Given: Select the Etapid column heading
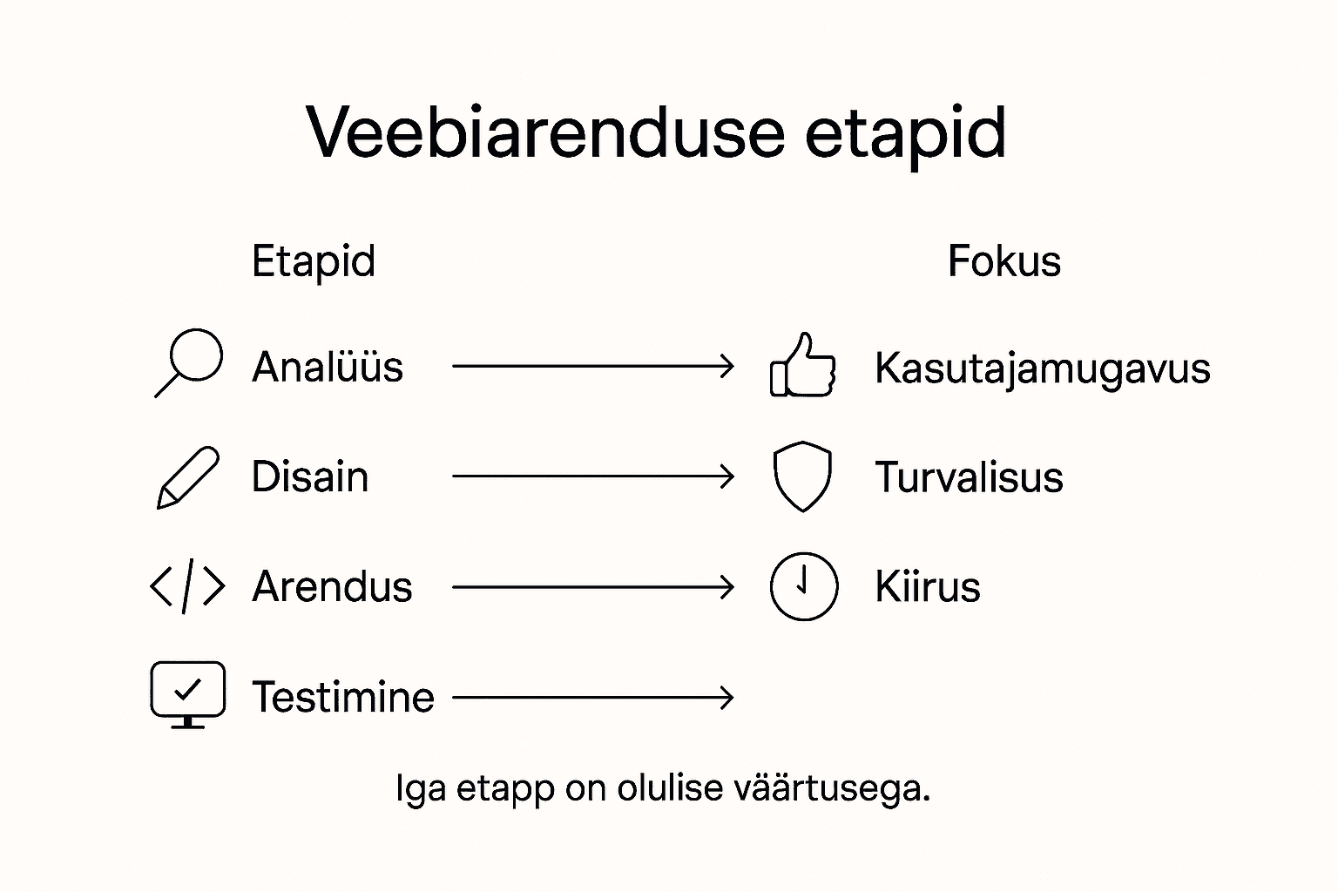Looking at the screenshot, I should click(x=313, y=261).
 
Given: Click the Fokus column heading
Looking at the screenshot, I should click(x=1003, y=261).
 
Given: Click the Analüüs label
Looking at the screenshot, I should click(x=328, y=367).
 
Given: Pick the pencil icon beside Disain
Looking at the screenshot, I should click(x=187, y=477).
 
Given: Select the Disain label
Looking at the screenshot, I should click(x=310, y=477).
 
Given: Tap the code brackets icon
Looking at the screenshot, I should click(x=187, y=586).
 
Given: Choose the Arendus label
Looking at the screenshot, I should click(x=332, y=587).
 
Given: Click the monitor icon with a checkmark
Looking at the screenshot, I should click(x=187, y=693).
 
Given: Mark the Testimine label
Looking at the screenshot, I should click(x=343, y=697).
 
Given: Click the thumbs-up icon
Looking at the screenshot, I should click(x=802, y=366).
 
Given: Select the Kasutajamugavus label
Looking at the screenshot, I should click(x=1042, y=368).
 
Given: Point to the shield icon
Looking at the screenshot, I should click(x=802, y=476).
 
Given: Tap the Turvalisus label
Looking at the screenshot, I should click(x=969, y=477).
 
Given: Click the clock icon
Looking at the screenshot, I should click(x=804, y=586).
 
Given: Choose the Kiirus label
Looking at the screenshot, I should click(x=928, y=587).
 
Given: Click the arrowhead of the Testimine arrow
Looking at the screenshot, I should click(x=727, y=697).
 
